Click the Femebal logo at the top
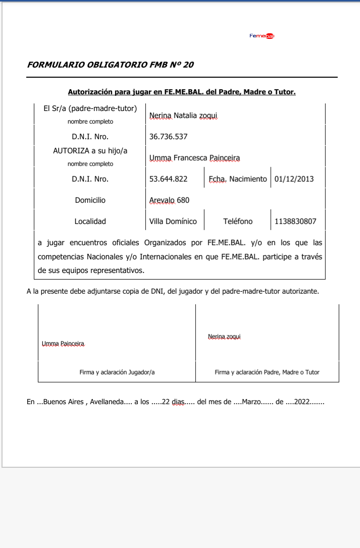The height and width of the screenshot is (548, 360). pyautogui.click(x=262, y=36)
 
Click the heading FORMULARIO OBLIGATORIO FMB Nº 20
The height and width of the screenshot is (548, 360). pyautogui.click(x=110, y=65)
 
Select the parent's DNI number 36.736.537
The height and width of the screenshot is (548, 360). pyautogui.click(x=169, y=137)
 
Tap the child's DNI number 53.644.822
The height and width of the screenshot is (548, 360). pyautogui.click(x=169, y=179)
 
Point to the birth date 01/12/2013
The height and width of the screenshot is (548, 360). pyautogui.click(x=294, y=179)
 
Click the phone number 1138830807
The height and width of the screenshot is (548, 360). pyautogui.click(x=296, y=221)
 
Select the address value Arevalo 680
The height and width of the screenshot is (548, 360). pyautogui.click(x=169, y=200)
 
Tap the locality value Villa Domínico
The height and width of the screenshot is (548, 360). pyautogui.click(x=173, y=221)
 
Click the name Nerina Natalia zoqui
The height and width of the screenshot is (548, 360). pyautogui.click(x=183, y=116)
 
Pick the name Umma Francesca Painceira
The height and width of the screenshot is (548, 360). pyautogui.click(x=194, y=158)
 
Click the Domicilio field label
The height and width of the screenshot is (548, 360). pyautogui.click(x=90, y=200)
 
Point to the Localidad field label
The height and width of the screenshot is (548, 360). pyautogui.click(x=90, y=221)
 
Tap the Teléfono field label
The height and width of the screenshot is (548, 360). pyautogui.click(x=238, y=221)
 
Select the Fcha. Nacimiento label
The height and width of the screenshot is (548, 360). pyautogui.click(x=237, y=179)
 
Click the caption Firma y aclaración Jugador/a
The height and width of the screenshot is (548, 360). pyautogui.click(x=117, y=372)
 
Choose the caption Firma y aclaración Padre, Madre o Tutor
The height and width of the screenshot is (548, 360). pyautogui.click(x=267, y=372)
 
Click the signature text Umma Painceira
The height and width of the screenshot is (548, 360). pyautogui.click(x=63, y=344)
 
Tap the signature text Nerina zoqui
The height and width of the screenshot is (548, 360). pyautogui.click(x=224, y=336)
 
